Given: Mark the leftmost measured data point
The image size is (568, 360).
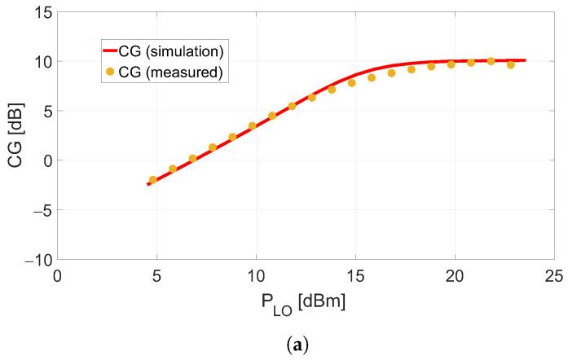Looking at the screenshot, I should pyautogui.click(x=152, y=180).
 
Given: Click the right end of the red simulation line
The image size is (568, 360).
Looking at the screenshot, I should pyautogui.click(x=525, y=60).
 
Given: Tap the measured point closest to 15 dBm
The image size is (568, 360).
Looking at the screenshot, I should pyautogui.click(x=352, y=83).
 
